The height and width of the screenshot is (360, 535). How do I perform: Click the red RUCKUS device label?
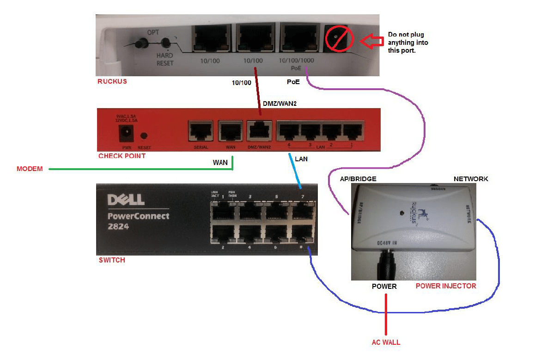click(112, 82)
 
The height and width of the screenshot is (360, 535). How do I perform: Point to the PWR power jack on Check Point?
click(124, 134)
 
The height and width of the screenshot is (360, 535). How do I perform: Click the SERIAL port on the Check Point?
click(200, 132)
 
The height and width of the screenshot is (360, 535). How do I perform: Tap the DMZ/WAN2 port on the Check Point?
click(259, 132)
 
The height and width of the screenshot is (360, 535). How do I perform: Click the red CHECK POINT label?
click(122, 156)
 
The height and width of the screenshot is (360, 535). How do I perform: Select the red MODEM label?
click(30, 169)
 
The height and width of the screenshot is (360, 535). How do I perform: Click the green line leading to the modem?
click(139, 169)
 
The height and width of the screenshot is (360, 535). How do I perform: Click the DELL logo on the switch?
click(126, 200)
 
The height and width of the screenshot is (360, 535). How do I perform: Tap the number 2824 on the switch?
click(118, 227)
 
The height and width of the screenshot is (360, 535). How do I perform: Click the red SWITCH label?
click(112, 260)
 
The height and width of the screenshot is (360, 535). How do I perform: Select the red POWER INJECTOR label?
click(445, 286)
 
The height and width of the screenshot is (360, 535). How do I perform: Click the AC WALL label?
click(386, 342)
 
